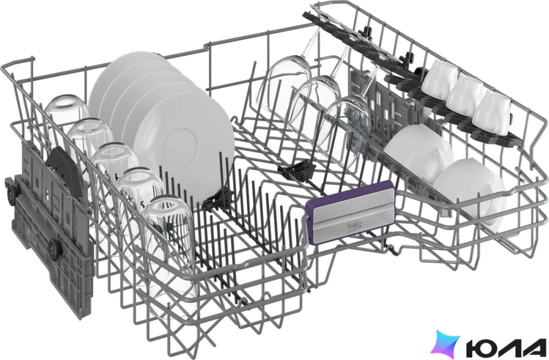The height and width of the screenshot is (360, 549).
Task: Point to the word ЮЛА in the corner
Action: coord(506,347)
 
